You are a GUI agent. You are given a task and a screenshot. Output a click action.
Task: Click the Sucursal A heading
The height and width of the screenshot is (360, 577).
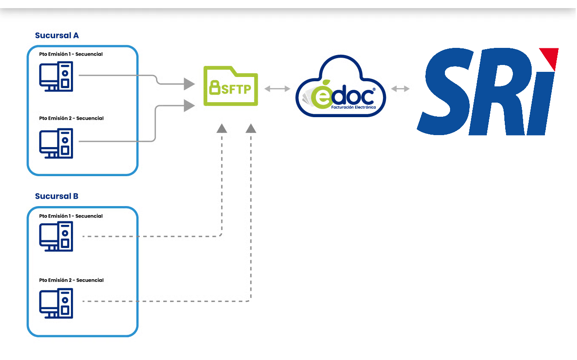pyautogui.click(x=57, y=35)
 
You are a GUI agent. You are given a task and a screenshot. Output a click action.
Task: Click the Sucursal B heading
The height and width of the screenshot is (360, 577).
pyautogui.click(x=56, y=196)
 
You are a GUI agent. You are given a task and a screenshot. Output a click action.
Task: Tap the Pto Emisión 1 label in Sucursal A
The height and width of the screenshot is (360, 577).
pyautogui.click(x=71, y=54)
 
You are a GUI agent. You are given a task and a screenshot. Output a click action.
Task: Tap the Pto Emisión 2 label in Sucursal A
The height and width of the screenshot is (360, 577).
pyautogui.click(x=71, y=118)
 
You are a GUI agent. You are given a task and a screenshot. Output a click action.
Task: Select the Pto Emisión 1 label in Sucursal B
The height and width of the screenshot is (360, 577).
pyautogui.click(x=71, y=216)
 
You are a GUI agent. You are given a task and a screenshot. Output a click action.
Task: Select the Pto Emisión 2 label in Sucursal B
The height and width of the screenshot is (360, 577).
pyautogui.click(x=71, y=280)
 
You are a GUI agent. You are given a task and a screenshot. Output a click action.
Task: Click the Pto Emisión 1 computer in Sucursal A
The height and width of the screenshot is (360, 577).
pyautogui.click(x=56, y=77)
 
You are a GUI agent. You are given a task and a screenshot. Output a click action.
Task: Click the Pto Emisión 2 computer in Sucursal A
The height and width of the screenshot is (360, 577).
pyautogui.click(x=56, y=143)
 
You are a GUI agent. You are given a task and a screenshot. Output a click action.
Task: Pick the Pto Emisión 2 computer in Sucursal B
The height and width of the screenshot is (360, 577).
pyautogui.click(x=56, y=303)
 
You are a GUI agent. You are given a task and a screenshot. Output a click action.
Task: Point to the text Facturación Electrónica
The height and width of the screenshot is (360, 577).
pyautogui.click(x=353, y=107)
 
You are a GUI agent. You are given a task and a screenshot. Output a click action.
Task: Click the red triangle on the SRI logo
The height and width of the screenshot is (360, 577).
pyautogui.click(x=550, y=58)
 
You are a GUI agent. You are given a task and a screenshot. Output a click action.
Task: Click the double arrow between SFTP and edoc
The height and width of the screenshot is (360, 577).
pyautogui.click(x=277, y=89)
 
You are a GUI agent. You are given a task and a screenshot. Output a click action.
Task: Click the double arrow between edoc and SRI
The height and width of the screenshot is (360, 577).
pyautogui.click(x=400, y=89)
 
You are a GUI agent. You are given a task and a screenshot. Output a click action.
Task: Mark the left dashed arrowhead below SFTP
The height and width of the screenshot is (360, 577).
pyautogui.click(x=221, y=128)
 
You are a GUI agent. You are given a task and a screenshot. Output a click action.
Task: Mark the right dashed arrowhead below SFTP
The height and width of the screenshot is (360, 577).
pyautogui.click(x=251, y=128)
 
